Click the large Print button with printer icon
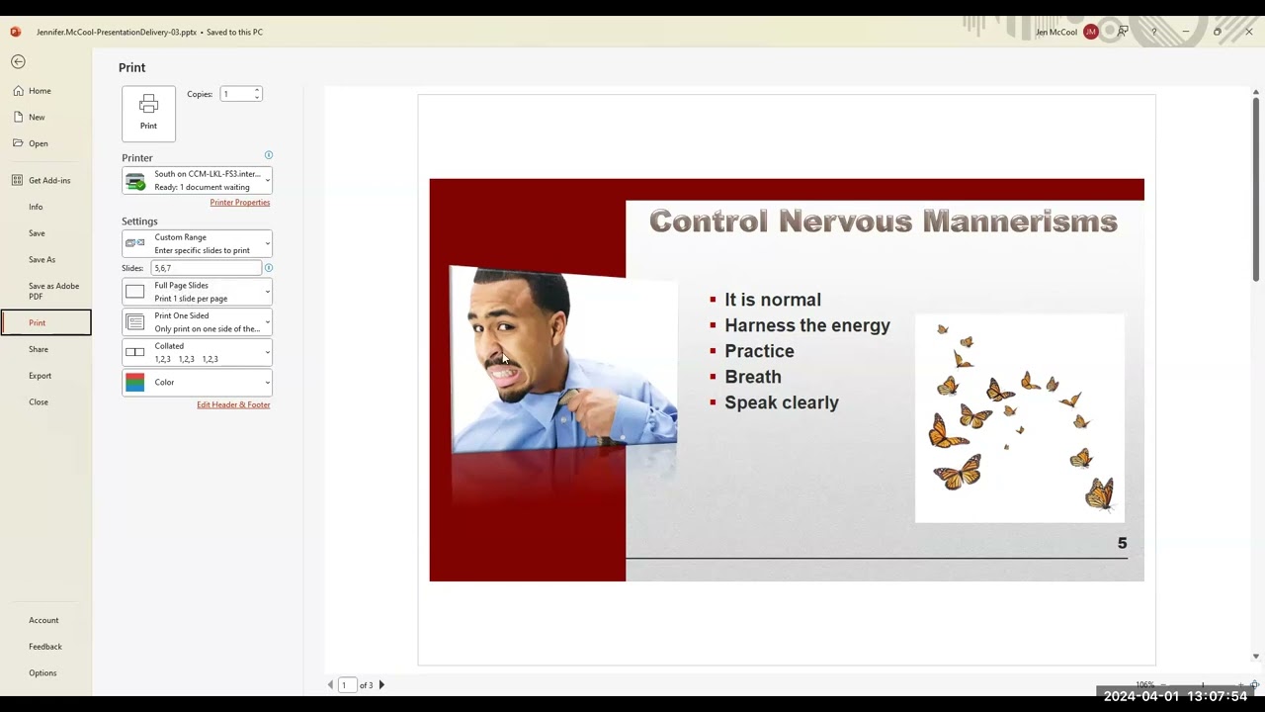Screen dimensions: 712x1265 [148, 113]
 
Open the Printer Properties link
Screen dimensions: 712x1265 [239, 202]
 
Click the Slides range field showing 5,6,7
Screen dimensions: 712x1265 [206, 268]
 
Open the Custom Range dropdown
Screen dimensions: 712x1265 [197, 243]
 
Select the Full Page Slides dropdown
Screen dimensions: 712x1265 [197, 292]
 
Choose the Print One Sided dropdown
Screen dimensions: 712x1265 [197, 322]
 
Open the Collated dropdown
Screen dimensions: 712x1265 [197, 352]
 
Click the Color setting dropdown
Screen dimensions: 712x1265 [197, 383]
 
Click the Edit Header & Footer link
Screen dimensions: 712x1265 [233, 404]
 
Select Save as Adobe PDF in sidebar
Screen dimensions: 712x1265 [53, 291]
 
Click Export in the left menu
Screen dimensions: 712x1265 [40, 376]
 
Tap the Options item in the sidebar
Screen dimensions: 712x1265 [42, 672]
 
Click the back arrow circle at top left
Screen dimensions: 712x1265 [18, 61]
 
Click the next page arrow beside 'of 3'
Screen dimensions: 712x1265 [381, 684]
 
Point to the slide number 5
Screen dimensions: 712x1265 [1122, 543]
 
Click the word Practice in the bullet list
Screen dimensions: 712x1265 [759, 351]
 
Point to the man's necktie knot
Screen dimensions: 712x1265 [570, 398]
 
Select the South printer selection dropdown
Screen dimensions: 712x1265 [197, 180]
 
